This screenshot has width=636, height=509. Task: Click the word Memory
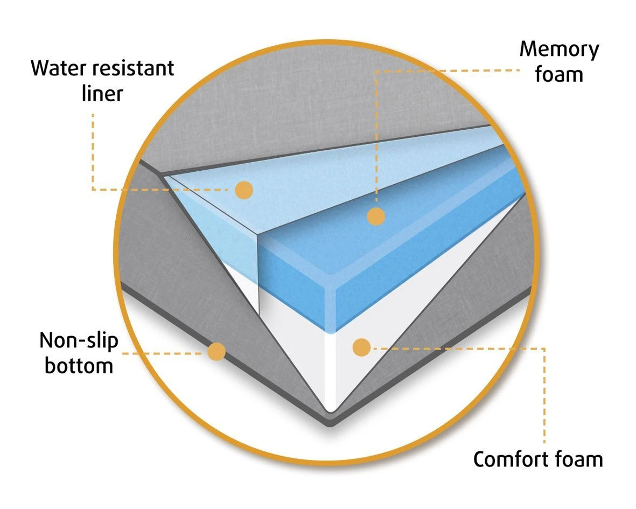(x=559, y=50)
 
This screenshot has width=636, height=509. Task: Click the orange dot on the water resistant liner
(x=244, y=190)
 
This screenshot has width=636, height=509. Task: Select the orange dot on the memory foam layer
(x=376, y=217)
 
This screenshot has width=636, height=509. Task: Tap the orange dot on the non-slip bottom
(x=216, y=352)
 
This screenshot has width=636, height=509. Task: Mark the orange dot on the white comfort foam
(x=361, y=347)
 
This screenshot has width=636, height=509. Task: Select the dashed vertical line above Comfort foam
(x=544, y=399)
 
